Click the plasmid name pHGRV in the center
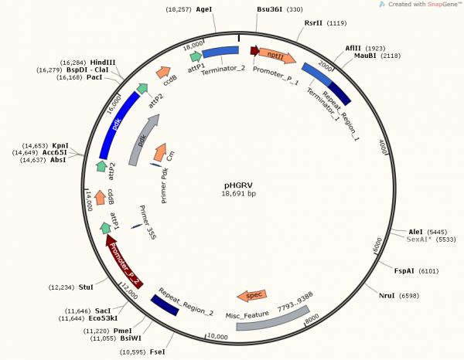click(x=239, y=185)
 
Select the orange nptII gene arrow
click(x=279, y=56)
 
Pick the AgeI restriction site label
click(x=204, y=9)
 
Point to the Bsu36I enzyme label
click(x=269, y=9)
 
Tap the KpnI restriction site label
click(x=60, y=145)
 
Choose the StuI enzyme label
click(x=86, y=287)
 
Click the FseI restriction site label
click(x=157, y=352)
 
